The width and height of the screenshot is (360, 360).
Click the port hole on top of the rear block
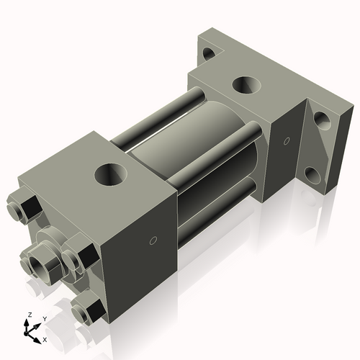[x=247, y=85]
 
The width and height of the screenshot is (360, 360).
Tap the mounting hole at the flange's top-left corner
[x=208, y=53]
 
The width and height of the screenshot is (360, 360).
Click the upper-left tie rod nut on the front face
[x=20, y=210]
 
